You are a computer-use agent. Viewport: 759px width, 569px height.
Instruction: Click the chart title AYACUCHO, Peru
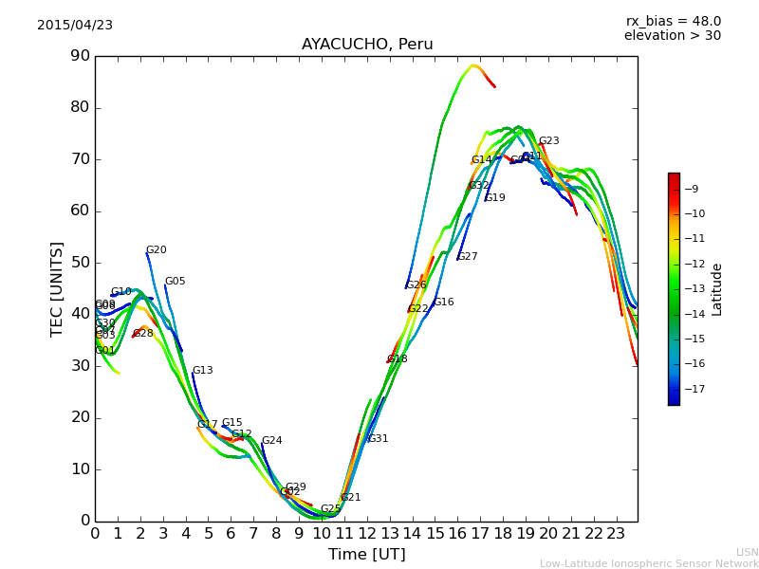(x=367, y=45)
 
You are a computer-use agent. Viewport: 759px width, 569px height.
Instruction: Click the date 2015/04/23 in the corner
(x=75, y=26)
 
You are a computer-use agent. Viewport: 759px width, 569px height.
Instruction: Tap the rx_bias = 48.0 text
(x=673, y=22)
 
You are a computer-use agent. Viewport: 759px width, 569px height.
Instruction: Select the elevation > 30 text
(x=672, y=36)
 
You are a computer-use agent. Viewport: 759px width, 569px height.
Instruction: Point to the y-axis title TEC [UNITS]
(x=57, y=288)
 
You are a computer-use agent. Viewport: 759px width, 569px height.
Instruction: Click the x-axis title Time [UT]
(x=366, y=555)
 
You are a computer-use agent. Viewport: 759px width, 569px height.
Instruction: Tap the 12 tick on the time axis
(x=366, y=533)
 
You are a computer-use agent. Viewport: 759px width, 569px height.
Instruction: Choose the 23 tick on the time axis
(x=616, y=533)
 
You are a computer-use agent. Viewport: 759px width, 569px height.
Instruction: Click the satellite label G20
(x=157, y=250)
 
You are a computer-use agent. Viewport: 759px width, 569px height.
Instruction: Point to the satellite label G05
(x=176, y=282)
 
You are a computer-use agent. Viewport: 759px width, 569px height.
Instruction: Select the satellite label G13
(x=203, y=371)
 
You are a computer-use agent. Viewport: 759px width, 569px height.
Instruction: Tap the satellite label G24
(x=271, y=441)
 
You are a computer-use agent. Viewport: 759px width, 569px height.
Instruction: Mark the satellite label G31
(x=379, y=439)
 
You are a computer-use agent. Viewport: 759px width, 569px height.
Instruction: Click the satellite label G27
(x=468, y=257)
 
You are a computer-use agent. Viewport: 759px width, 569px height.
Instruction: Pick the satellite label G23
(x=549, y=141)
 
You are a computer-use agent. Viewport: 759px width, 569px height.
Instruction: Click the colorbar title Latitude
(x=717, y=289)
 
